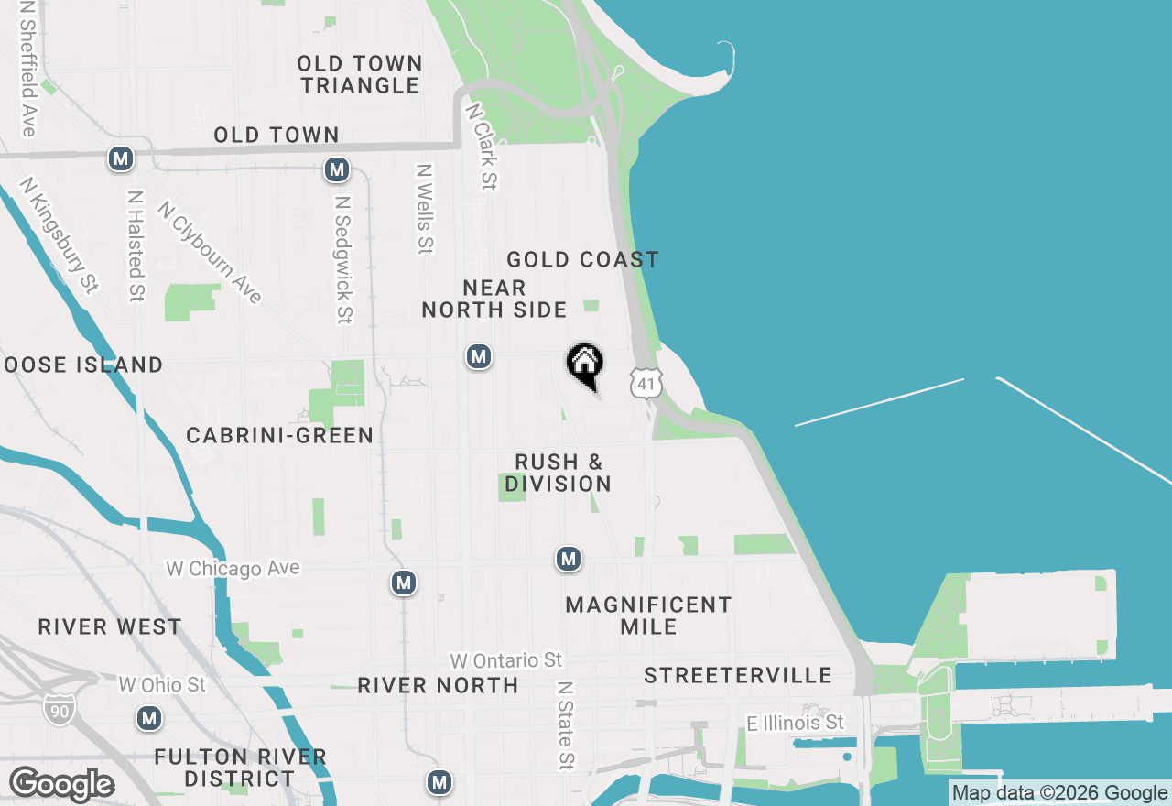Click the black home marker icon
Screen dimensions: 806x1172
pos(584,365)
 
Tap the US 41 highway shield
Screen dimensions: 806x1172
pos(646,383)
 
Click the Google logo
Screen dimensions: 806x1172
pos(61,784)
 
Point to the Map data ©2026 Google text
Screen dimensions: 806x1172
pos(1059,793)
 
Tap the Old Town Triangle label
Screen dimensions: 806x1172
pos(360,74)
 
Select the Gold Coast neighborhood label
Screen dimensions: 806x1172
pos(582,260)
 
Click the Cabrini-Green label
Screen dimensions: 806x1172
pos(279,435)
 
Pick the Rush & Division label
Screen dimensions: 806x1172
pos(559,473)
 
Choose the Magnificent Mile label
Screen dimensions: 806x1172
pos(648,615)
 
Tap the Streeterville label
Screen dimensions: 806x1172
pos(737,676)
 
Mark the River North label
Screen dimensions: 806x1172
pos(438,685)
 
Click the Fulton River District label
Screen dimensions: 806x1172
pos(240,768)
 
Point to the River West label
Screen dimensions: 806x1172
pos(110,627)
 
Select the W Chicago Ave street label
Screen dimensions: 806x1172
pos(233,569)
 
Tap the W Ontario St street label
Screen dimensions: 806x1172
pos(505,660)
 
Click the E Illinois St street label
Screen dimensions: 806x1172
pos(795,724)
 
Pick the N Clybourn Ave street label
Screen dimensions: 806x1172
pos(211,252)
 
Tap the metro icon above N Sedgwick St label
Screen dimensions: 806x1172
pos(337,169)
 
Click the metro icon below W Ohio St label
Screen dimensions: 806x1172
pos(149,718)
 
